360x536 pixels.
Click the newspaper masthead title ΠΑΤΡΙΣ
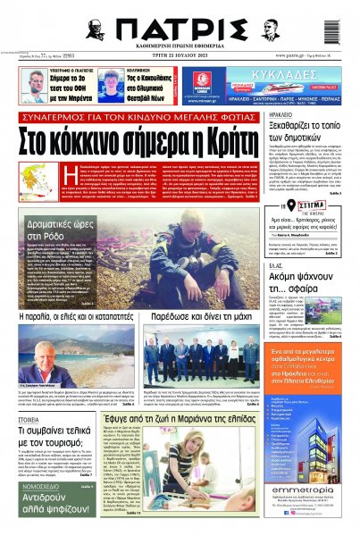point(179,28)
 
